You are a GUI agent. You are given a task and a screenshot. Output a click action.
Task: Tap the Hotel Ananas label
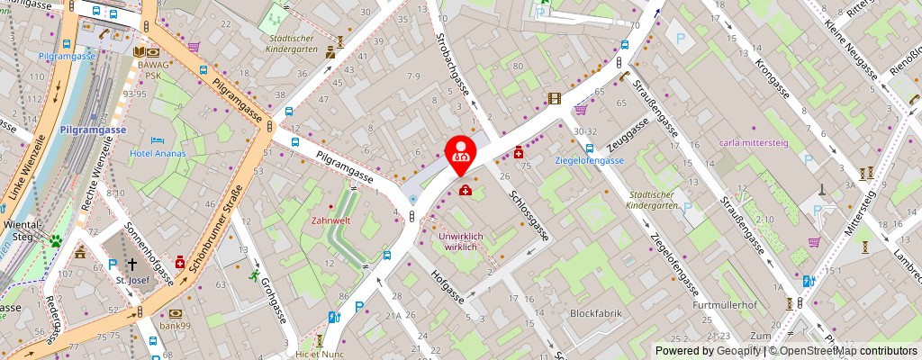tap(158, 153)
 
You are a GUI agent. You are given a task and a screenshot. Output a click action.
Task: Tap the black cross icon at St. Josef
tap(131, 265)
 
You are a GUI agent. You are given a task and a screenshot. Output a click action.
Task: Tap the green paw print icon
tap(56, 240)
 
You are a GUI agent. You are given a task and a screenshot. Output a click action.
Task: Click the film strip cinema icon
tap(554, 98)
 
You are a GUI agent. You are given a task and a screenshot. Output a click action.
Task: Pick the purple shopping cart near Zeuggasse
tap(581, 110)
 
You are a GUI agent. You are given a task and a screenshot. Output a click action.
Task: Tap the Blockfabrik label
tap(594, 313)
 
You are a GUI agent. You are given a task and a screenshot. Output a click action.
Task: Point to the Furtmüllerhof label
tap(725, 305)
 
